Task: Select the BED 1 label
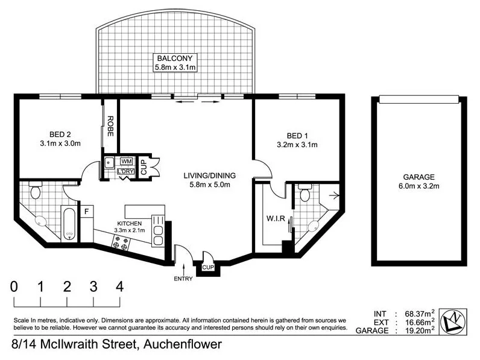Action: pyautogui.click(x=297, y=135)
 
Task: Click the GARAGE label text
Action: pyautogui.click(x=419, y=177)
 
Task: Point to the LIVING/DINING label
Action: pyautogui.click(x=209, y=175)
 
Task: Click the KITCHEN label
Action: pyautogui.click(x=129, y=223)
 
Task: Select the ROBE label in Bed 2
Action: pyautogui.click(x=110, y=126)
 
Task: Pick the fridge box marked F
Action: pyautogui.click(x=86, y=212)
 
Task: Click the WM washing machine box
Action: pyautogui.click(x=127, y=161)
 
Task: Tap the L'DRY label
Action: pyautogui.click(x=126, y=172)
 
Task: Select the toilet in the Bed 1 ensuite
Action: pyautogui.click(x=305, y=194)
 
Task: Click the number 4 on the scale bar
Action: pyautogui.click(x=119, y=286)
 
